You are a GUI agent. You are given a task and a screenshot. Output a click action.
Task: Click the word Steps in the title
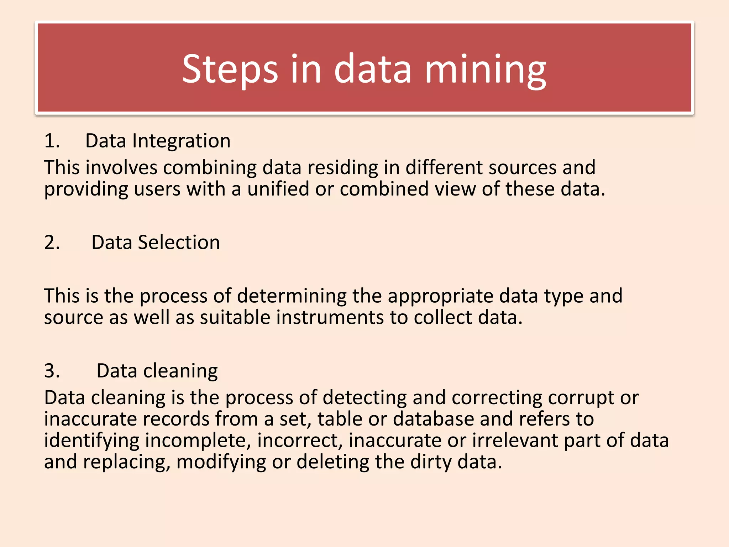230,69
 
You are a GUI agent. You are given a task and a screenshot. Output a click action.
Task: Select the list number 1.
52,141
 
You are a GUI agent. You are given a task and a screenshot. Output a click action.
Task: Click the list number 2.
52,243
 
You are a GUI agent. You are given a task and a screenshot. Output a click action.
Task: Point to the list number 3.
52,371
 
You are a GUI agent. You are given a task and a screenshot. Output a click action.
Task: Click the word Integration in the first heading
181,141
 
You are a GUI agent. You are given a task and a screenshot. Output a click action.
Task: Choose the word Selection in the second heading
179,243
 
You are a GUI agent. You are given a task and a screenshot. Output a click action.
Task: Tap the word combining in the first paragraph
210,167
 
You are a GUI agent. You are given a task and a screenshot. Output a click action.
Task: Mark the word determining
292,296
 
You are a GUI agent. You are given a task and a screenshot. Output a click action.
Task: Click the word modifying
221,462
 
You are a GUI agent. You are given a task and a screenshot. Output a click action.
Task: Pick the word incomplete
198,440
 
